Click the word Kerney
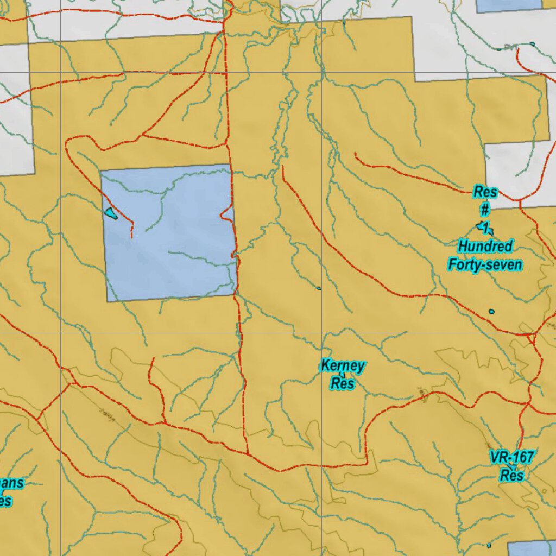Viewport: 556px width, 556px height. click(342, 366)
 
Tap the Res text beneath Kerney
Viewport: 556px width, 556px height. click(343, 384)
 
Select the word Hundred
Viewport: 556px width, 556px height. click(485, 247)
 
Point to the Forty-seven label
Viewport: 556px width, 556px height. click(485, 265)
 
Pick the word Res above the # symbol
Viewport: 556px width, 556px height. click(485, 192)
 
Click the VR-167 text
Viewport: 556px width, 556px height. click(511, 457)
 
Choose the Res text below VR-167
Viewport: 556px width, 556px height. click(511, 476)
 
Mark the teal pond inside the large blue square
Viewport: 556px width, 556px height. click(111, 213)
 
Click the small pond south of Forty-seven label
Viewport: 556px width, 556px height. click(491, 312)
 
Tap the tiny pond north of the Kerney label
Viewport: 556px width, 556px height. click(319, 288)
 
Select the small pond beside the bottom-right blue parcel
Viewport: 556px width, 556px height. click(489, 545)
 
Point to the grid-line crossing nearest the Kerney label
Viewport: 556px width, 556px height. click(322, 333)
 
